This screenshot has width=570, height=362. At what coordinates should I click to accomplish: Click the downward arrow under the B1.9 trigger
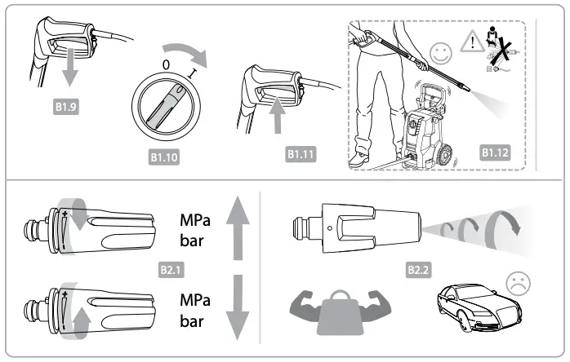click(x=71, y=72)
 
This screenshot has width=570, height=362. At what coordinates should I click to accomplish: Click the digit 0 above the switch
click(x=166, y=61)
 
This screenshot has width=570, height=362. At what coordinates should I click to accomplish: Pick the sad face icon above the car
click(x=517, y=283)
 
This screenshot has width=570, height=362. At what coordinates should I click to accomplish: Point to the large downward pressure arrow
click(x=238, y=309)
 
